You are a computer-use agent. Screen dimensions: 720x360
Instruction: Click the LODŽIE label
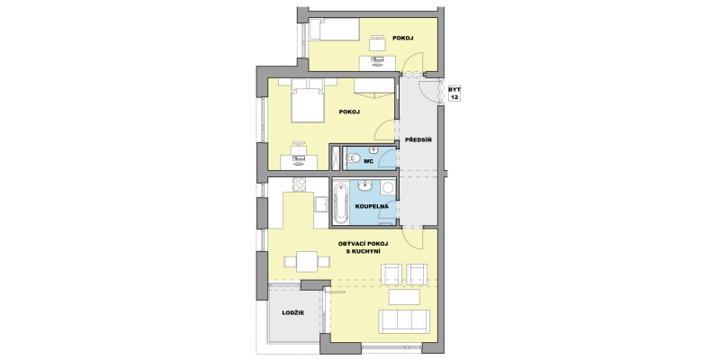[293, 312]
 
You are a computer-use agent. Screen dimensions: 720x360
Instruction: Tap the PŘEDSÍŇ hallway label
[418, 139]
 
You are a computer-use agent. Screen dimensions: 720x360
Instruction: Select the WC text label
[368, 162]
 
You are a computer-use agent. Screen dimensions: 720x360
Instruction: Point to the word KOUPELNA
[372, 207]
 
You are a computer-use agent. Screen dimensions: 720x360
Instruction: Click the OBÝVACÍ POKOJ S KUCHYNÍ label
[363, 247]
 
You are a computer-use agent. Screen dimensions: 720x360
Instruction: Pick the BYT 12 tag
[454, 94]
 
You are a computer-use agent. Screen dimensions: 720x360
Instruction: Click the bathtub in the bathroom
[341, 203]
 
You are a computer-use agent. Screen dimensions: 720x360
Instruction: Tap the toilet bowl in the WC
[353, 159]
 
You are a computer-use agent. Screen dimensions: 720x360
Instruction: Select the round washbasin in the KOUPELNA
[365, 185]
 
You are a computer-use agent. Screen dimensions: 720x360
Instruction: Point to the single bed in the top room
[334, 30]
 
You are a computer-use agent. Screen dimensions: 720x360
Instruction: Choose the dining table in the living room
[307, 262]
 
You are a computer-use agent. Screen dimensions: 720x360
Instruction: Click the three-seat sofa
[404, 321]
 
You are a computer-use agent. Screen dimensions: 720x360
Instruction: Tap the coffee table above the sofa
[404, 297]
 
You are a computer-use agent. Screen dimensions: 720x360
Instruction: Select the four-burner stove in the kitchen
[300, 184]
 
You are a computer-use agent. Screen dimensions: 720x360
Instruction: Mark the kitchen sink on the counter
[321, 203]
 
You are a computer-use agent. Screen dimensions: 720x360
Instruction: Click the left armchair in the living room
[391, 274]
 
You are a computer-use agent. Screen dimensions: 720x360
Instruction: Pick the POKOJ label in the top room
[402, 38]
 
